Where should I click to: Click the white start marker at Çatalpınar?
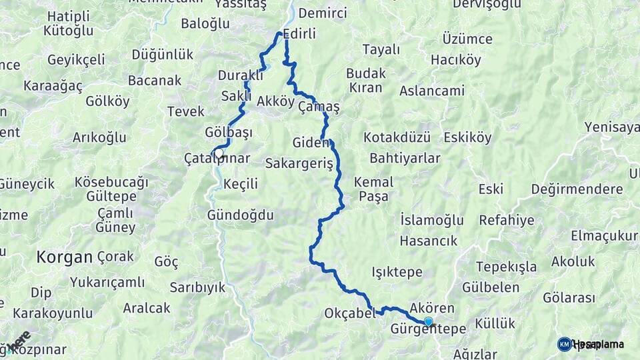(x=218, y=152)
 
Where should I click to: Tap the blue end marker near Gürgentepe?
(x=428, y=321)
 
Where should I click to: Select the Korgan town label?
(x=64, y=257)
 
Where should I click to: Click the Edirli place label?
(x=299, y=33)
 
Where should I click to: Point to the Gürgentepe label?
(x=427, y=329)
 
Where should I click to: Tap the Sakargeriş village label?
(x=298, y=163)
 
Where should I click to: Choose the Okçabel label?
(x=349, y=313)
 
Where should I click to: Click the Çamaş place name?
(x=319, y=107)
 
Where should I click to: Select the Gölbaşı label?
(x=229, y=132)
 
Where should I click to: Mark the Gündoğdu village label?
(x=241, y=215)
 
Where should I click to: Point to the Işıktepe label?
(x=397, y=272)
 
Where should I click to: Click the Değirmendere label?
(x=577, y=189)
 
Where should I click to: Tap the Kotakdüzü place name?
(x=397, y=137)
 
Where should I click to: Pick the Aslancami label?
(x=432, y=90)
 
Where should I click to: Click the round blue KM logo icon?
(x=564, y=344)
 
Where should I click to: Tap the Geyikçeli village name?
(x=75, y=59)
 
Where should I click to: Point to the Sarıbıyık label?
(x=197, y=287)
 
